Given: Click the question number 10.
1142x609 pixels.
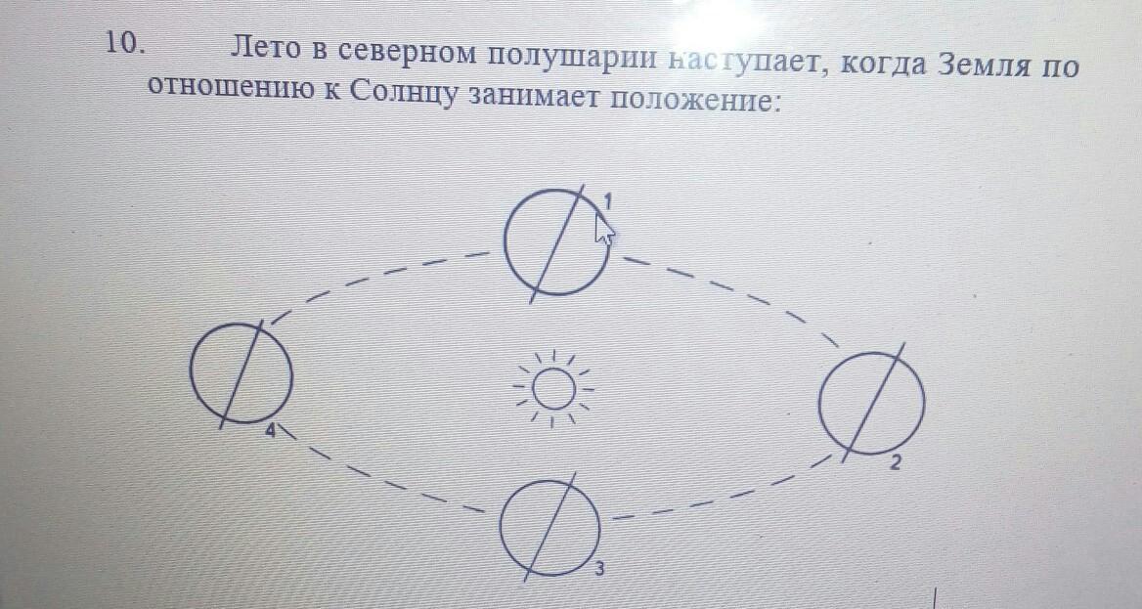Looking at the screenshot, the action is (x=126, y=43).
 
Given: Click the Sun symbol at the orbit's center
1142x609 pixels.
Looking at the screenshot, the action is (x=554, y=390).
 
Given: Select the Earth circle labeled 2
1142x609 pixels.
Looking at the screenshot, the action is (x=870, y=402).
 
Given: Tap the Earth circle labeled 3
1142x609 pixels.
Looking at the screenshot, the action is (x=549, y=525).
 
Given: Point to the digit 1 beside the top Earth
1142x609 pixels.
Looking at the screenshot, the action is (x=607, y=200).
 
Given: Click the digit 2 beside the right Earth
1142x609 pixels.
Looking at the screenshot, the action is (x=895, y=462).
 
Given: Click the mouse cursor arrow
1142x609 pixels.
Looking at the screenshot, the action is (x=604, y=229).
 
